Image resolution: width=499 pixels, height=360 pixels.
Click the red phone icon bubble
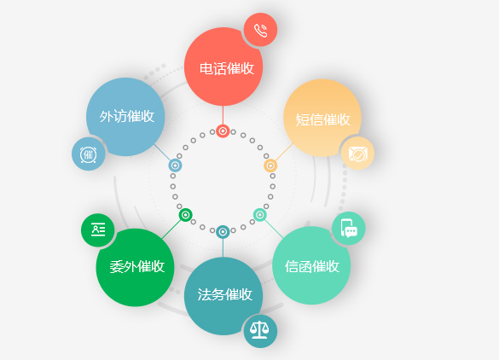pos(261,30)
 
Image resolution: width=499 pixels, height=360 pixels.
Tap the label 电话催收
pos(227,68)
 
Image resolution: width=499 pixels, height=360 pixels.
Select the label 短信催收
pos(323,119)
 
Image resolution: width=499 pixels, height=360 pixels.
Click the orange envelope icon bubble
pos(357,154)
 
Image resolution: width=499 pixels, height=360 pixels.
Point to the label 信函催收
pos(312,266)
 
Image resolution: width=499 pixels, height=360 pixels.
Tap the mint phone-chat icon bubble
pos(349,229)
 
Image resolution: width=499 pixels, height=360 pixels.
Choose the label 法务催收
pos(225,294)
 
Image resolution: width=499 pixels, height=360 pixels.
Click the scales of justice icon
pos(260,330)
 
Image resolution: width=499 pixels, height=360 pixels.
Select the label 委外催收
pos(137,266)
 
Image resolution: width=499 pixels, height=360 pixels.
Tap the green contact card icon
pos(98,229)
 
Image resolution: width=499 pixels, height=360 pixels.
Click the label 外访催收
pos(127,116)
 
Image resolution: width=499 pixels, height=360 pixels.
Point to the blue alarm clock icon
pos(89,154)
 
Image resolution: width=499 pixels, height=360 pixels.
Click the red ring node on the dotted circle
pos(223,131)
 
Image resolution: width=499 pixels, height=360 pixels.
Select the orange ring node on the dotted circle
pos(270,165)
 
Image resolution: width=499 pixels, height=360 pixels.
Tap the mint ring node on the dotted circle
pos(259,215)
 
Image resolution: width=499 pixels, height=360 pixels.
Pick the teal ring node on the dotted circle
pos(223,232)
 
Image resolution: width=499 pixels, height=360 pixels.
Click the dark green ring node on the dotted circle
pos(186,215)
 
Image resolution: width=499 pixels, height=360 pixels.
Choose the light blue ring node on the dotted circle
pos(175,165)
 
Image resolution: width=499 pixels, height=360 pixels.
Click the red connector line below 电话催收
pos(223,115)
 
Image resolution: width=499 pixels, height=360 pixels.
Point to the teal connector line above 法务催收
pos(223,248)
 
